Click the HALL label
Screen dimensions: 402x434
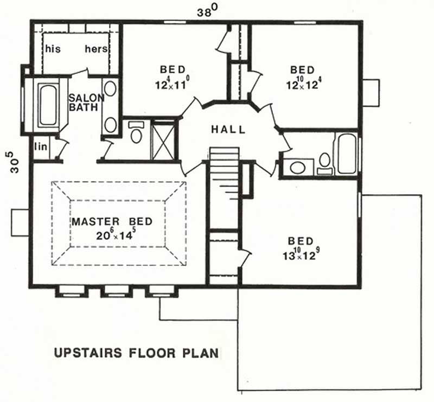228,130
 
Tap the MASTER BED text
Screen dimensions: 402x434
112,221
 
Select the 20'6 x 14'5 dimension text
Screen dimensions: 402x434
112,236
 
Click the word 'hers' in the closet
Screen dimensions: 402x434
97,49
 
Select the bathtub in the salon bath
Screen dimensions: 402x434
48,105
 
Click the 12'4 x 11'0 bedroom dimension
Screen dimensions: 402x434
173,85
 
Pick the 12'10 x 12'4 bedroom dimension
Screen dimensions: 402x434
302,85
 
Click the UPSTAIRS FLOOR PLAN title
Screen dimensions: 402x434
136,353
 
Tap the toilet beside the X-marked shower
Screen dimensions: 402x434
136,133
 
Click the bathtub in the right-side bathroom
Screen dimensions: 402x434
347,154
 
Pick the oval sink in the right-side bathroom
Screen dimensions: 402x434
297,167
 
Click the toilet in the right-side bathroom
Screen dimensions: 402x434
325,162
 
